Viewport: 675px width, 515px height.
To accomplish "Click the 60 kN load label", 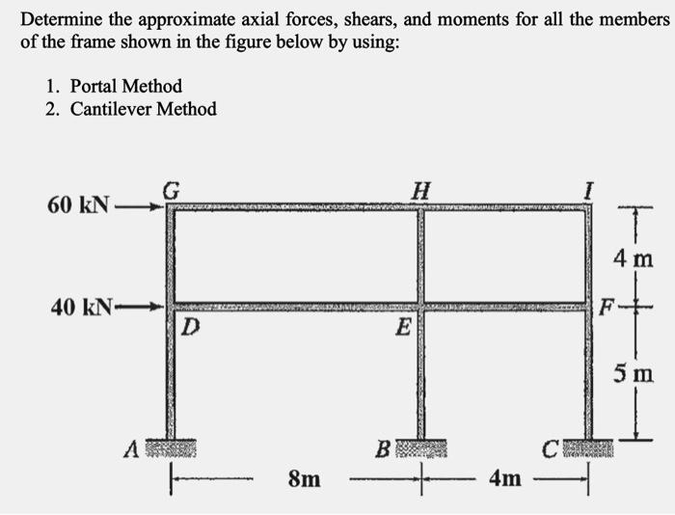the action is [x=79, y=205].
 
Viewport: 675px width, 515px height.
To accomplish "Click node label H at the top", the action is [x=419, y=190].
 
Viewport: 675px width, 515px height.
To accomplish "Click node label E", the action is [x=402, y=329].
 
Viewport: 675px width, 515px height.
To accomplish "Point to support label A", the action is [x=130, y=448].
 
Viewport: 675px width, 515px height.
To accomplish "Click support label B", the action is [x=383, y=448].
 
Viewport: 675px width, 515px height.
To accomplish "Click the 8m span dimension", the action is [x=305, y=477].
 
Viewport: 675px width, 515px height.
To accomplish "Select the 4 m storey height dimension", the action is [x=636, y=258].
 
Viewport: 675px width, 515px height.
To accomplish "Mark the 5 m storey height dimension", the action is [x=636, y=372].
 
